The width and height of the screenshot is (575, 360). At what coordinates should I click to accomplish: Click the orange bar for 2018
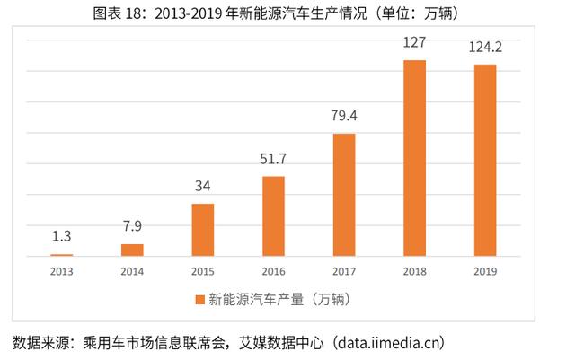coord(414,158)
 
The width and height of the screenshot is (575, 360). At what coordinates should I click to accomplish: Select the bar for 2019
coord(484,160)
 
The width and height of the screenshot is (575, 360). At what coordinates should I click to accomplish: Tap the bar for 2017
coord(344,195)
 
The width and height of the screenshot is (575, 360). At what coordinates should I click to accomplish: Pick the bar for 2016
coord(273,216)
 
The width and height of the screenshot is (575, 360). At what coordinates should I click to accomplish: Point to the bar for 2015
coord(203,230)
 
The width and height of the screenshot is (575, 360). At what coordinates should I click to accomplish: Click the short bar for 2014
coord(132,250)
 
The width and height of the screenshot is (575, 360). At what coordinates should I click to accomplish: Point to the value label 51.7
coord(273,160)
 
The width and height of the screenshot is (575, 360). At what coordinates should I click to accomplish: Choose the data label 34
coord(203,188)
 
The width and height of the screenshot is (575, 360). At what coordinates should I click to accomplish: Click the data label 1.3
coord(62,238)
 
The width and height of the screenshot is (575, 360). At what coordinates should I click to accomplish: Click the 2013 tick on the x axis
coord(62,269)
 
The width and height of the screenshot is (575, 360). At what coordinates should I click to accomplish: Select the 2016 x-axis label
coord(273,269)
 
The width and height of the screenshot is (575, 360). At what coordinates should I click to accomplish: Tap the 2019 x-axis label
coord(484,269)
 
